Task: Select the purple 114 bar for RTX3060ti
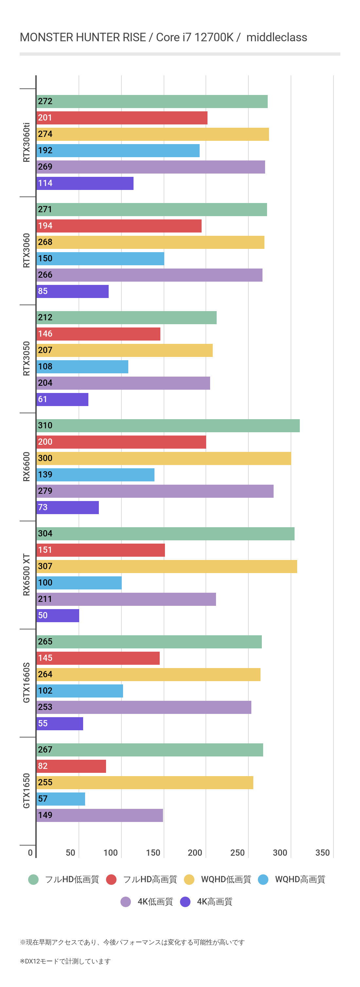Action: (85, 183)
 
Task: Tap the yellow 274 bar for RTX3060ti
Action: (153, 135)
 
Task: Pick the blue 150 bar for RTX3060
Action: (100, 259)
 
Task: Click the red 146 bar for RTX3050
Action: (99, 334)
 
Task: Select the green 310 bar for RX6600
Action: (168, 426)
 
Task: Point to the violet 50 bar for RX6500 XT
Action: (58, 616)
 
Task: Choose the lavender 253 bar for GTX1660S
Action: (144, 708)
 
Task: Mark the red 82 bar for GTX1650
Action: (71, 766)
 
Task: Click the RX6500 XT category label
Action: (26, 575)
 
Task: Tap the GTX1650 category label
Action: (26, 791)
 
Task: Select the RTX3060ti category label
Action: (26, 142)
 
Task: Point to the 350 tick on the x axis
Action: (322, 852)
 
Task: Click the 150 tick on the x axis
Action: (153, 852)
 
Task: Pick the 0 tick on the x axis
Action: (30, 852)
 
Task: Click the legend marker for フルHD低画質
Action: (33, 879)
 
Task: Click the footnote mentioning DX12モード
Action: (65, 961)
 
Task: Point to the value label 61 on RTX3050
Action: (43, 399)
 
